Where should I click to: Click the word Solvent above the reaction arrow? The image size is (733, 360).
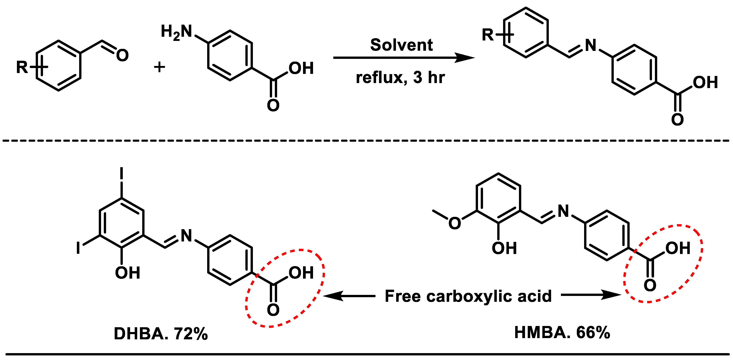pos(401,45)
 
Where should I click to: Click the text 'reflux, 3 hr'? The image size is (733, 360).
pos(400,77)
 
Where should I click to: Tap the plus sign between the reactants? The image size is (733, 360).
pos(159,67)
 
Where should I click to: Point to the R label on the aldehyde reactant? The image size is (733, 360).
pos(22,67)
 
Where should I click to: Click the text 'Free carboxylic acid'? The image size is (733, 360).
pos(468,296)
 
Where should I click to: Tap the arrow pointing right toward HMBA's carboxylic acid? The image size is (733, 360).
pos(590,295)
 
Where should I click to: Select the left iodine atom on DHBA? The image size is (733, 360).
pos(78,248)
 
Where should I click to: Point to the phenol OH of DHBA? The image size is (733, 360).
pos(127,273)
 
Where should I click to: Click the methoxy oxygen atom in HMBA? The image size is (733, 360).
pos(454,223)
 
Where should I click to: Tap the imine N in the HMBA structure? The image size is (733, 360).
pos(563,211)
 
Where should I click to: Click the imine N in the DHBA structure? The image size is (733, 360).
pos(186,236)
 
